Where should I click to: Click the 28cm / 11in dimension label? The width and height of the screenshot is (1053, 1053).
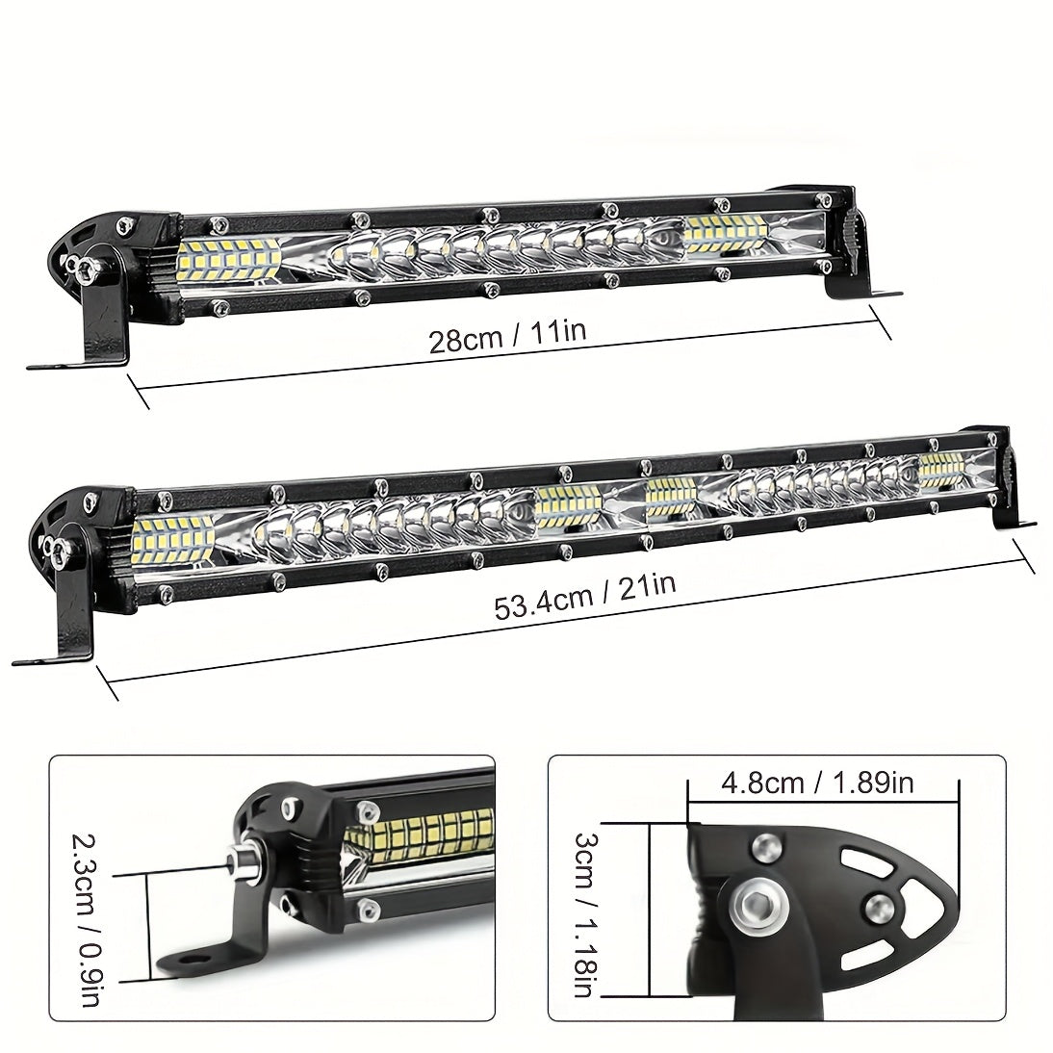[507, 338]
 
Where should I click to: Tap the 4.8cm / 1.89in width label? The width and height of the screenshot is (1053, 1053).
[817, 783]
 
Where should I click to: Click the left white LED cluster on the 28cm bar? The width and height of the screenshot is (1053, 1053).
[229, 257]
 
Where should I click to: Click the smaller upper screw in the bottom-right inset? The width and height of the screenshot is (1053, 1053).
[764, 846]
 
